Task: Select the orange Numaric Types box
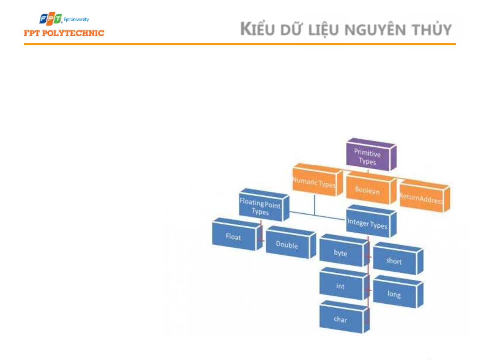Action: click(317, 180)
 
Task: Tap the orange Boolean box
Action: click(371, 188)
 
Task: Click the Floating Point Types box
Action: click(264, 205)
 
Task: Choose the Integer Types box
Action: click(371, 221)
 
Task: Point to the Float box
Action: click(237, 234)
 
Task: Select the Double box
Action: click(291, 242)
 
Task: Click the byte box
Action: click(344, 250)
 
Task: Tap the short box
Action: click(398, 258)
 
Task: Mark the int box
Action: click(344, 284)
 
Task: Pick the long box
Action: click(398, 292)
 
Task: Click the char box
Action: click(344, 317)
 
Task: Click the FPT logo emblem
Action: click(51, 18)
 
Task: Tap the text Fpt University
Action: click(76, 19)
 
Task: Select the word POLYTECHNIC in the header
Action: click(73, 33)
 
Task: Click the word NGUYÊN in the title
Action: click(375, 30)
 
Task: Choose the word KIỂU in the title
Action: click(257, 28)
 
